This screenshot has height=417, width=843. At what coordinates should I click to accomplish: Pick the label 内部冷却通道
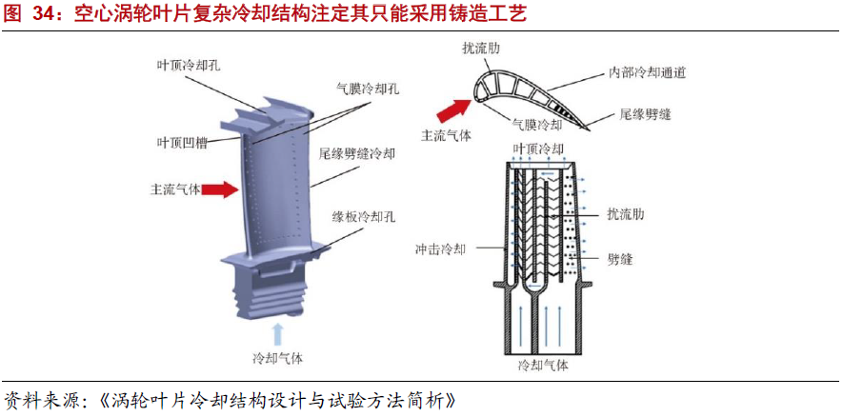click(648, 71)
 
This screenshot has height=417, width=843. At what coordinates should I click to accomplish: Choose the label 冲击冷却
click(441, 249)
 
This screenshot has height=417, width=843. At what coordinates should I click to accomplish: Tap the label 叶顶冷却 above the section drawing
click(538, 149)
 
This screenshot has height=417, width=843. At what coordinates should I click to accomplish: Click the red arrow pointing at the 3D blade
click(220, 189)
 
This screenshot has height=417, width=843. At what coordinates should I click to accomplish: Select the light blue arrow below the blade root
click(278, 333)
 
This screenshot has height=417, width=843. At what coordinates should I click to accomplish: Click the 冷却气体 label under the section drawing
click(542, 365)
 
